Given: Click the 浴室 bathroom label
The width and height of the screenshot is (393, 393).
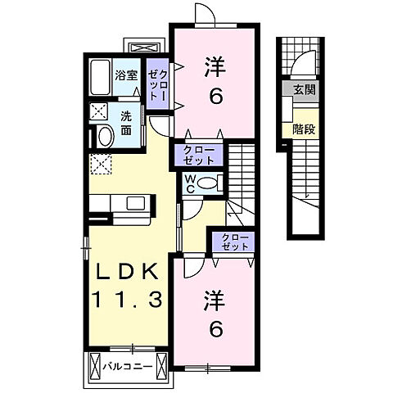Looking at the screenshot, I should [x=127, y=72].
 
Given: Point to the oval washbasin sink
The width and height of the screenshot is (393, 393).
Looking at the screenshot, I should [x=104, y=135].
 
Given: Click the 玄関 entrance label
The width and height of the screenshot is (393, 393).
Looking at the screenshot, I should [x=305, y=90].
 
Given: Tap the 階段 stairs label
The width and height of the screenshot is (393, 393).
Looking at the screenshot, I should [x=305, y=128].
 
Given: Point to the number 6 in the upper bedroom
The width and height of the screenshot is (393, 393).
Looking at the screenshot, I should [x=215, y=97].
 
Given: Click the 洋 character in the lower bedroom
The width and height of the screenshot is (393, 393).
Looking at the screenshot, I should [x=215, y=298].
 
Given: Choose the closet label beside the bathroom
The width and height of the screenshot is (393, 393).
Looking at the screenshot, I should [x=158, y=84].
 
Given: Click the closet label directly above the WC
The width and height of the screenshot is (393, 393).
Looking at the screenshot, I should [x=194, y=154].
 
